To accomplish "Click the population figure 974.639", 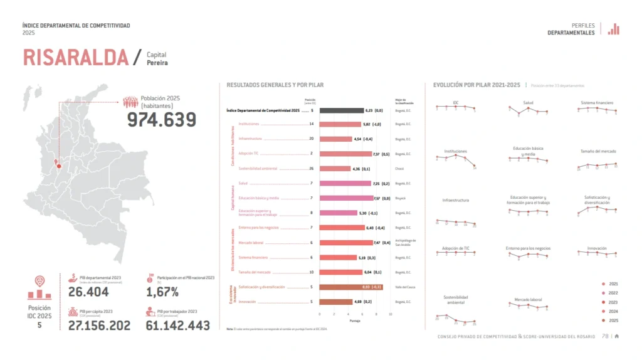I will point(162,120).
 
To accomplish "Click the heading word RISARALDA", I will point(76,57).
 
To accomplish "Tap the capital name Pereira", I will point(157,63).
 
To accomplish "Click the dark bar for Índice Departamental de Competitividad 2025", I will point(341,110).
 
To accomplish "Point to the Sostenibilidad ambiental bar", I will point(335,169).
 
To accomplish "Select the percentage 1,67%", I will point(162,292).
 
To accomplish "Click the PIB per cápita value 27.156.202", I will point(99,325).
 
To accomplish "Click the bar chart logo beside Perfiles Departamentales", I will point(614,29).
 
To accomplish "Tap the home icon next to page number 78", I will point(617,336).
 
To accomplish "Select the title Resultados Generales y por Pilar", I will point(275,85).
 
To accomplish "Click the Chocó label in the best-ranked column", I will point(399,169).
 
